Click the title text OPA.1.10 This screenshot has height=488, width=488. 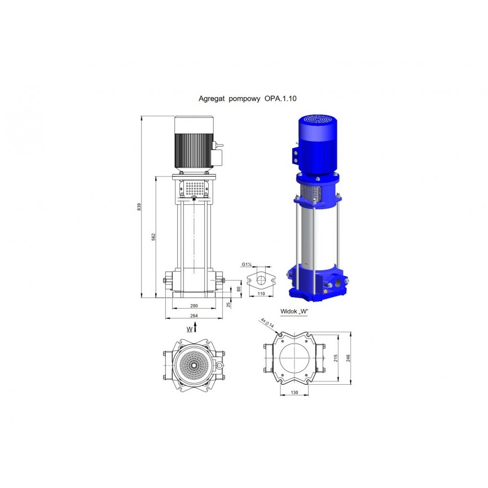pos(280,99)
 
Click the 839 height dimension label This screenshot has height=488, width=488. pos(139,206)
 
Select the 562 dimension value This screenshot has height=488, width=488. pos(153,237)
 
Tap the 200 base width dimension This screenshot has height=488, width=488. pos(194,306)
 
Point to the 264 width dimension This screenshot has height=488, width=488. pos(194,315)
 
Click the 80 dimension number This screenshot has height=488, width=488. pos(239,289)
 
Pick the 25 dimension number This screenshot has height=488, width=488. pos(228,305)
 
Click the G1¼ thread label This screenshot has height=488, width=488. pos(247,265)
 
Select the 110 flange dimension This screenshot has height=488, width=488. pos(261,293)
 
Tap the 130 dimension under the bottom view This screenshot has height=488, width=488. pos(294,393)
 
